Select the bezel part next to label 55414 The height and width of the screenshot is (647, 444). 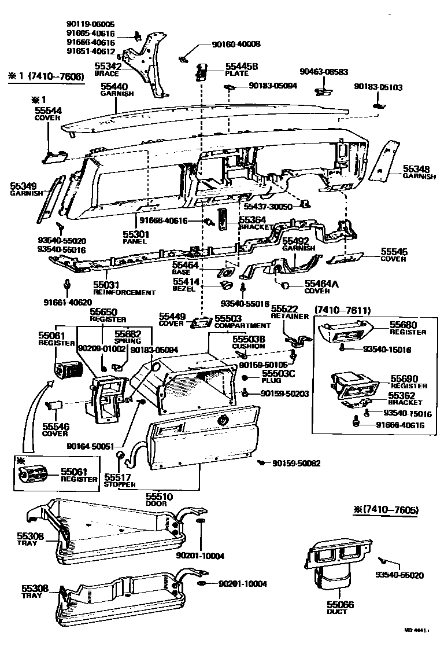(227, 285)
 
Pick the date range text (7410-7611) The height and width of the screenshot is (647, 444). (342, 311)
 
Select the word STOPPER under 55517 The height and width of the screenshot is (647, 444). (120, 484)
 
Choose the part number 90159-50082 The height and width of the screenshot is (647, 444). (296, 464)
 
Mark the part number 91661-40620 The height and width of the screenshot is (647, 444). (67, 302)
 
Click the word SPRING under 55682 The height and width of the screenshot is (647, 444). (127, 341)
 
